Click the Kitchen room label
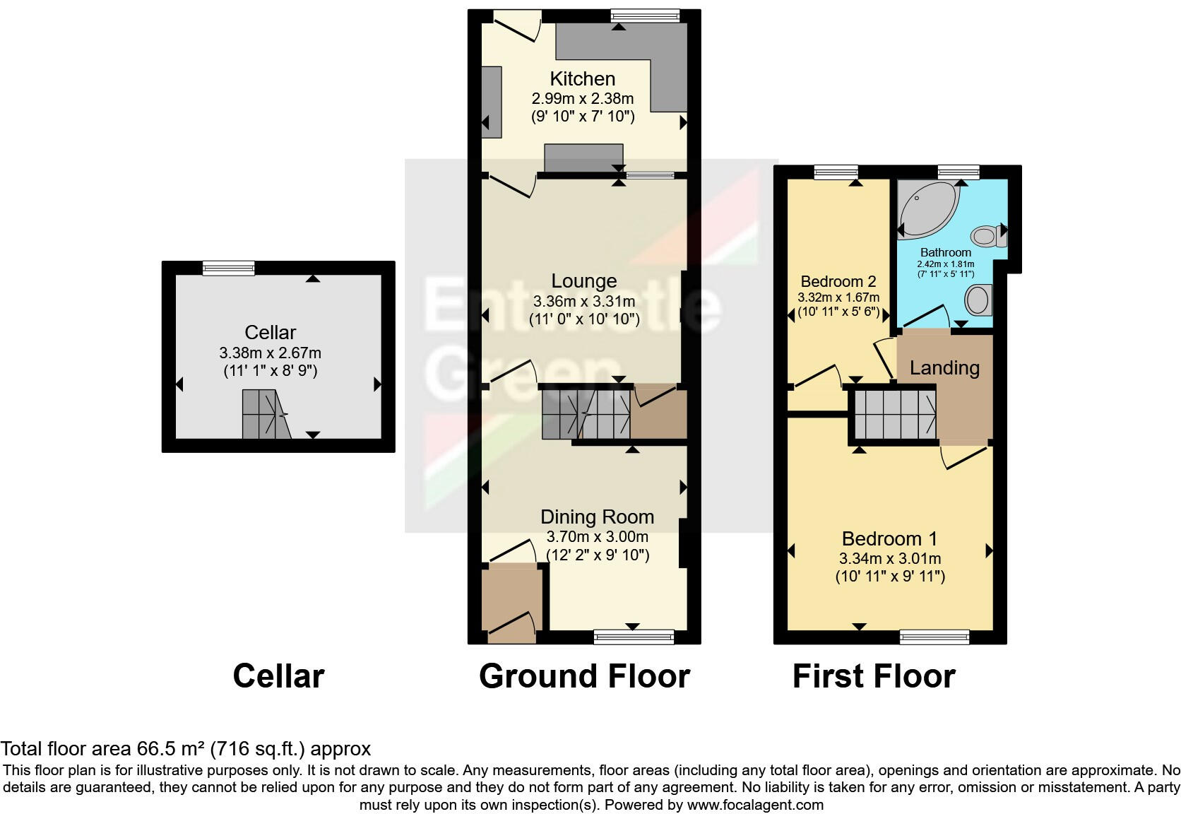pyautogui.click(x=582, y=78)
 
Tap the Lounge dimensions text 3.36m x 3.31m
pyautogui.click(x=584, y=301)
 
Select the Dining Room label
pyautogui.click(x=597, y=517)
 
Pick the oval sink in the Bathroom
pyautogui.click(x=978, y=300)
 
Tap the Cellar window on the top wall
pyautogui.click(x=228, y=268)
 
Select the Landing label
pyautogui.click(x=944, y=367)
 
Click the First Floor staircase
pyautogui.click(x=894, y=415)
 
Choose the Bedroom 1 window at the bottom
pyautogui.click(x=934, y=638)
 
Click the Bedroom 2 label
pyautogui.click(x=838, y=281)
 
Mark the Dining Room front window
pyautogui.click(x=634, y=637)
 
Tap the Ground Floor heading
pyautogui.click(x=584, y=676)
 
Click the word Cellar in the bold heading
pyautogui.click(x=278, y=676)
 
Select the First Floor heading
pyautogui.click(x=874, y=676)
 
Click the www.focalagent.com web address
pyautogui.click(x=754, y=804)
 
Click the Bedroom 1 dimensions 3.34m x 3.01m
pyautogui.click(x=889, y=558)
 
